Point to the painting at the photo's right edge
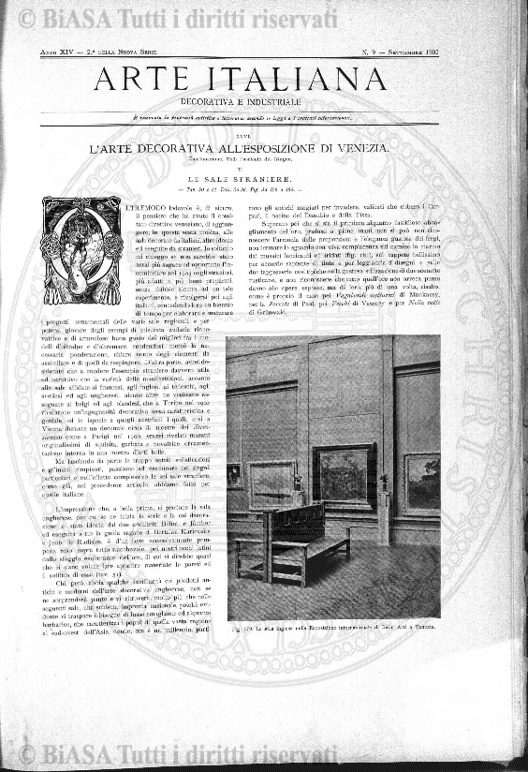click(422, 482)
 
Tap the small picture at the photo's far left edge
click(234, 475)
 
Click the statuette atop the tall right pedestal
click(384, 482)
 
